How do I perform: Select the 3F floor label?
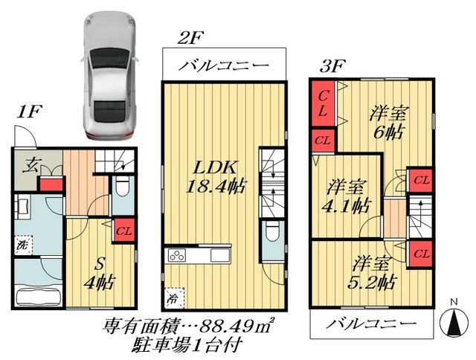coord(332,65)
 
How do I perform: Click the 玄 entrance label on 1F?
coord(32,165)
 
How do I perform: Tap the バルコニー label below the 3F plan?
coord(370,325)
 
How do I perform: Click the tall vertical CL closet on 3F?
coord(322,104)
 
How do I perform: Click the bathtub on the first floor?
coord(37,295)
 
